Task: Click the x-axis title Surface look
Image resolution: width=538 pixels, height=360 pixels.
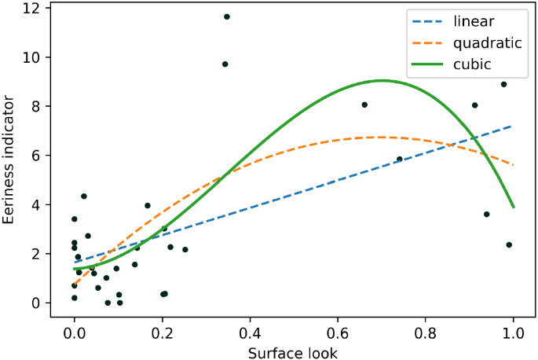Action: pos(293,352)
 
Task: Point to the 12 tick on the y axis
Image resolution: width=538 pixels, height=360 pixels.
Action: pos(35,9)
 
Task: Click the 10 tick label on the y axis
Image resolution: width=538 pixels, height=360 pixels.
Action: pos(35,57)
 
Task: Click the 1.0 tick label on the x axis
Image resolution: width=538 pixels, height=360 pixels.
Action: pos(514,330)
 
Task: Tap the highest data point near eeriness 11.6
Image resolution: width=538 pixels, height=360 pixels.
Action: pos(226,17)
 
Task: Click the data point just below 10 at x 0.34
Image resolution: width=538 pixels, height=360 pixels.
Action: pos(225,64)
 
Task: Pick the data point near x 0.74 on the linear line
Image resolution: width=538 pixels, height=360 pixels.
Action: pos(399,159)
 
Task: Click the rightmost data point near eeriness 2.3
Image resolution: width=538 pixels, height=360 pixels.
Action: pos(509,244)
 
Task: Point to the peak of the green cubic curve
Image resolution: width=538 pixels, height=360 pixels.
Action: pos(382,80)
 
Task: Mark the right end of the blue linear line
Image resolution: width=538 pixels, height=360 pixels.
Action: pos(514,126)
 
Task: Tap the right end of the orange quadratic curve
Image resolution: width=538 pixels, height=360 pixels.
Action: pos(514,165)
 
